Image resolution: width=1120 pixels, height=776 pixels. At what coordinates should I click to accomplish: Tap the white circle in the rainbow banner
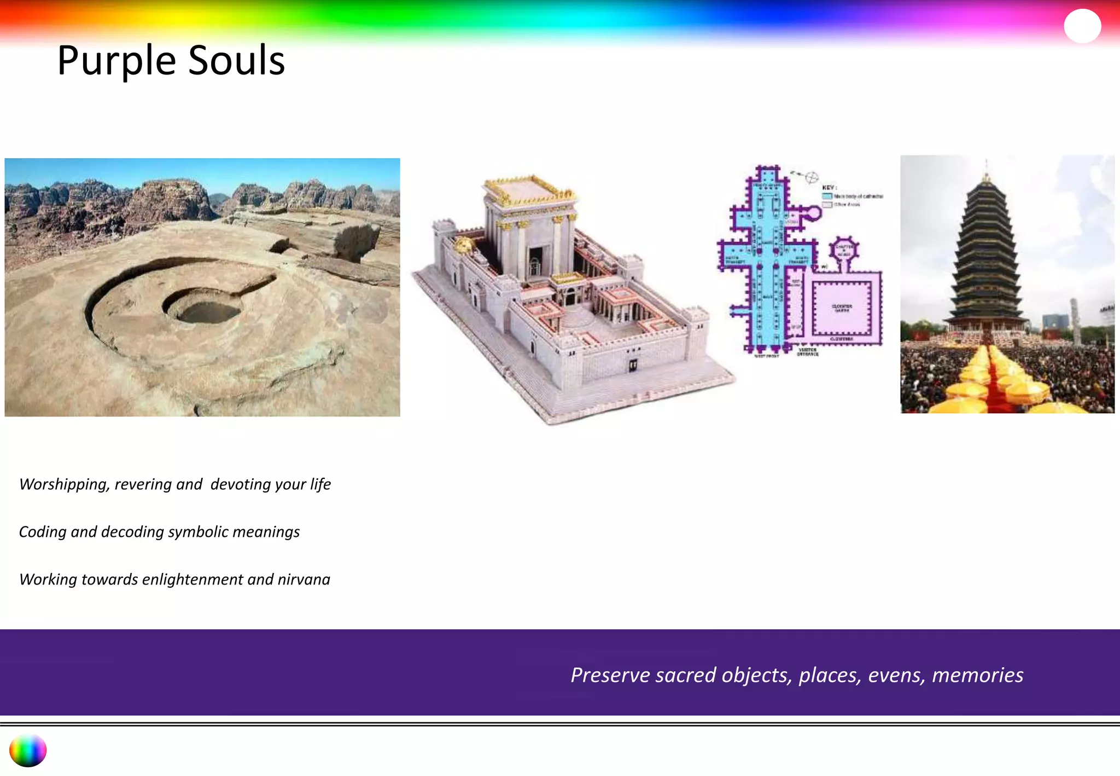(x=1082, y=26)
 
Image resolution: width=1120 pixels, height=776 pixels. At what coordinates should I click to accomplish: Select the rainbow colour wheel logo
(x=28, y=750)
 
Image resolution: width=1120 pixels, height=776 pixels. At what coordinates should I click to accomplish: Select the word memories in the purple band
(x=977, y=675)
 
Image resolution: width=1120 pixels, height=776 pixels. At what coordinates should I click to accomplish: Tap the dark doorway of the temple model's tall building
(x=535, y=262)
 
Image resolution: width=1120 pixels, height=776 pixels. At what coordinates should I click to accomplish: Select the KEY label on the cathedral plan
(x=829, y=187)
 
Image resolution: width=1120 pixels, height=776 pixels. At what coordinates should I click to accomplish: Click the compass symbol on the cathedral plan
(x=812, y=177)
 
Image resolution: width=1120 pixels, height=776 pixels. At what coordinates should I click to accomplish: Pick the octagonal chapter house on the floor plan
(x=843, y=250)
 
